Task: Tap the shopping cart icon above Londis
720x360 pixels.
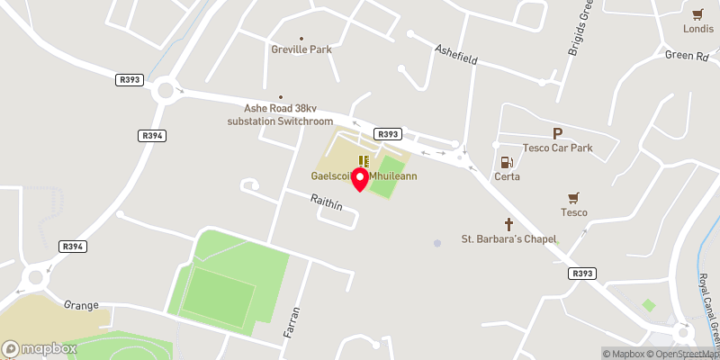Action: pyautogui.click(x=697, y=13)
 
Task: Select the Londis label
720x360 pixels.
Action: pyautogui.click(x=697, y=28)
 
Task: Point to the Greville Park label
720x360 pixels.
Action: pyautogui.click(x=301, y=49)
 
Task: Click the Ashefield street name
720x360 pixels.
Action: pyautogui.click(x=455, y=53)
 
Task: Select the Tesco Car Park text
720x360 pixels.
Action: pyautogui.click(x=557, y=147)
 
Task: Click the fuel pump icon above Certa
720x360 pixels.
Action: pyautogui.click(x=507, y=162)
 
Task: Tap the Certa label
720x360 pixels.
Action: pyautogui.click(x=507, y=176)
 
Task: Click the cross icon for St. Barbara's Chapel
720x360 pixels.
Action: pyautogui.click(x=508, y=224)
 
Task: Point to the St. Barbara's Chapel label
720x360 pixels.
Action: pyautogui.click(x=509, y=239)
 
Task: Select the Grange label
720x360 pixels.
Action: pyautogui.click(x=80, y=305)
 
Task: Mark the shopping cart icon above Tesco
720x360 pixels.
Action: pyautogui.click(x=573, y=197)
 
